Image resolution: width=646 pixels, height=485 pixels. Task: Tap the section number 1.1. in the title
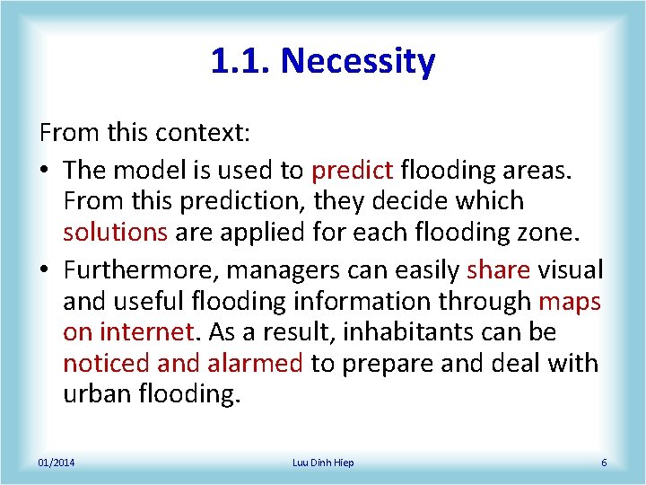tap(241, 61)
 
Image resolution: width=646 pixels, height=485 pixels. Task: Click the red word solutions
tap(115, 232)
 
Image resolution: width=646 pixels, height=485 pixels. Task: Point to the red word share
tap(498, 269)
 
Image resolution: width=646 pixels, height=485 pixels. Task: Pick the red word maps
tap(570, 302)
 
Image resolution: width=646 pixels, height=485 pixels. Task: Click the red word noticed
tap(106, 364)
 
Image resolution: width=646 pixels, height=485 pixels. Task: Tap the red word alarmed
tap(255, 364)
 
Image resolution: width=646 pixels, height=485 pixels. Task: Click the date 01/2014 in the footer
tap(57, 463)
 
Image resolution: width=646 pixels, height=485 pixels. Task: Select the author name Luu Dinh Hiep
tap(323, 463)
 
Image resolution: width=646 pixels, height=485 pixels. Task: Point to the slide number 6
tap(604, 463)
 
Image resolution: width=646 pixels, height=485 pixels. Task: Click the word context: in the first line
tap(203, 134)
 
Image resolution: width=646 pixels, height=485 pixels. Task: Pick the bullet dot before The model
tap(45, 169)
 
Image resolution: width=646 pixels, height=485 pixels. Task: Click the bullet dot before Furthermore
tap(45, 270)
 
